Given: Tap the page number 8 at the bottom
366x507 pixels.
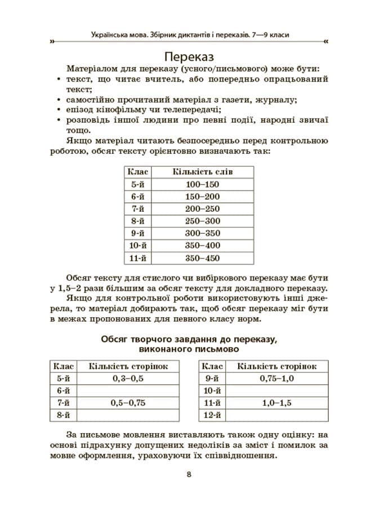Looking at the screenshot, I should [189, 474].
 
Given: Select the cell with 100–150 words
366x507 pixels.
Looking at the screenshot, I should [202, 184].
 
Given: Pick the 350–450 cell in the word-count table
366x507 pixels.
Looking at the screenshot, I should [202, 258].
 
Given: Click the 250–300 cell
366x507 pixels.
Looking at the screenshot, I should [202, 221].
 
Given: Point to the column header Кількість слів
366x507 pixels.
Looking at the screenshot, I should [202, 171].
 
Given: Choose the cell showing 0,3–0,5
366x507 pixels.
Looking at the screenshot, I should [128, 379].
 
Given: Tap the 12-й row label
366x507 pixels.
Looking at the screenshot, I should [211, 415].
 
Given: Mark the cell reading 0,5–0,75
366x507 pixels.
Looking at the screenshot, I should [128, 403].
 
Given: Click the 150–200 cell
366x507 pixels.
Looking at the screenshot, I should [202, 197].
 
